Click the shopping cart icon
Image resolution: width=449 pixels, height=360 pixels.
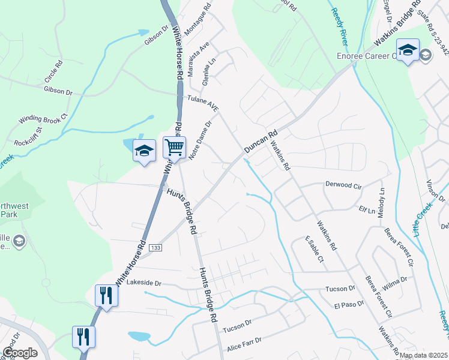pyautogui.click(x=174, y=146)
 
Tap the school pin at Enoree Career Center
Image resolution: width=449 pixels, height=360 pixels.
pyautogui.click(x=408, y=50)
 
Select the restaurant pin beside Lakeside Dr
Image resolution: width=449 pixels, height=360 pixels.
pyautogui.click(x=106, y=295)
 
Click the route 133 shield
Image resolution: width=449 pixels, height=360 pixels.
pyautogui.click(x=156, y=247)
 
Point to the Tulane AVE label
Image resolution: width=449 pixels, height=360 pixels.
pyautogui.click(x=202, y=103)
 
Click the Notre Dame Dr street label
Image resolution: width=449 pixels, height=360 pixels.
pyautogui.click(x=200, y=140)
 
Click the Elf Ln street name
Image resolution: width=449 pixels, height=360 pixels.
pyautogui.click(x=366, y=211)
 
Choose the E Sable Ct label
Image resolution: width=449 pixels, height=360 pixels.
pyautogui.click(x=315, y=249)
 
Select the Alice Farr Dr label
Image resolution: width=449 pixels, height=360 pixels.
pyautogui.click(x=244, y=344)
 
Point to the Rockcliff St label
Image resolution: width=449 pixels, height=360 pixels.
pyautogui.click(x=29, y=136)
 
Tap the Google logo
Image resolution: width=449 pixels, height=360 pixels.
pyautogui.click(x=20, y=353)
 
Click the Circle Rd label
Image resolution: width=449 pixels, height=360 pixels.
pyautogui.click(x=54, y=71)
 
